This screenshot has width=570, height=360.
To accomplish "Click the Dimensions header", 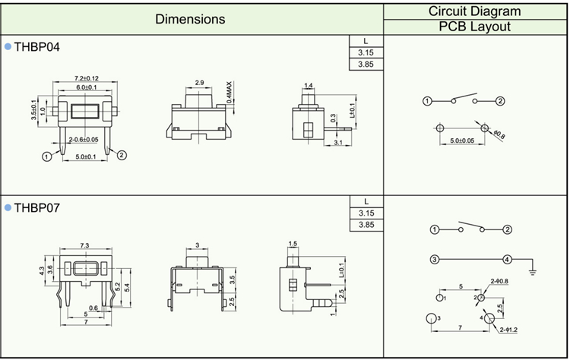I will click(190, 18).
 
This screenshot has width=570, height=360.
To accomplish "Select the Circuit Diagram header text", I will click(474, 11).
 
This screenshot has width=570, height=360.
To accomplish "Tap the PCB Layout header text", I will click(474, 27).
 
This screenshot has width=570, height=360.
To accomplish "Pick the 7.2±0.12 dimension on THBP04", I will click(87, 78).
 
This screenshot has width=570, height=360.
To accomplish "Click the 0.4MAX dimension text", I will click(229, 93).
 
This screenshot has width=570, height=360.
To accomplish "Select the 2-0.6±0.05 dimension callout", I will click(83, 140).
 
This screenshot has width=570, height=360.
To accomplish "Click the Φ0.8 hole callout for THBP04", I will click(499, 134).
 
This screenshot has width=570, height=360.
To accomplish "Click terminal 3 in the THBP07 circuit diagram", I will click(435, 260).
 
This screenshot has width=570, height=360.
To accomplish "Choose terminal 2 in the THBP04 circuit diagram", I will click(500, 101).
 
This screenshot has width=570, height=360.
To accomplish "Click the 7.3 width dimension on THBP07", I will click(84, 245).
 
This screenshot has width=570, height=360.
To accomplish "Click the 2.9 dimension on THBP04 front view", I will click(199, 82).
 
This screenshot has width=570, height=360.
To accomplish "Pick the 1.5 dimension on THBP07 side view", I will click(292, 243).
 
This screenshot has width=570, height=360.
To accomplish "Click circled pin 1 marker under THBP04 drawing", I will click(47, 156).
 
